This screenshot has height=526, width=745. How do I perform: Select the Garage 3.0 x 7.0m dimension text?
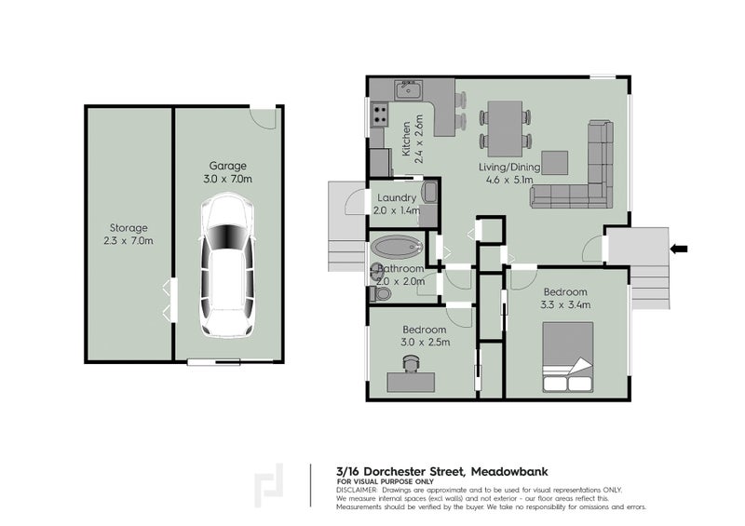(x=227, y=178)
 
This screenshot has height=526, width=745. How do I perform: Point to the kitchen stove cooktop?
(x=381, y=116)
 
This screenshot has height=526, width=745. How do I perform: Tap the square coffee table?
(x=556, y=162)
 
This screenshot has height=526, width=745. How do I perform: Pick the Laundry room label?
(x=397, y=197)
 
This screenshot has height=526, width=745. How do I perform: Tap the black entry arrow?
(x=679, y=248)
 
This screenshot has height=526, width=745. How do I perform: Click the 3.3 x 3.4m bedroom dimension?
(x=565, y=303)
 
